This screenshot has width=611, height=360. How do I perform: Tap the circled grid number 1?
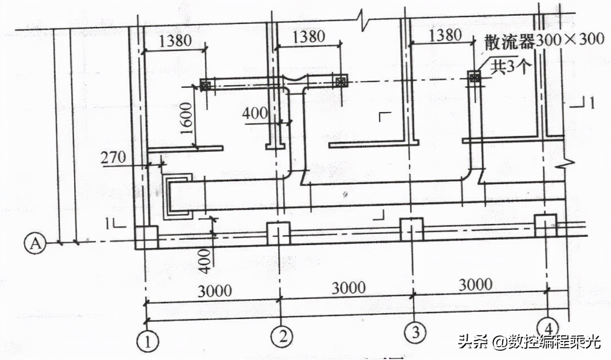pos(147,343)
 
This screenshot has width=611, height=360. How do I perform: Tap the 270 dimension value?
pos(114,158)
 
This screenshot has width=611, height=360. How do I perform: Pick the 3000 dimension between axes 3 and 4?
pos(475,284)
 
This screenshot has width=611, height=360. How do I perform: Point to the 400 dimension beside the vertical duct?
pos(255,113)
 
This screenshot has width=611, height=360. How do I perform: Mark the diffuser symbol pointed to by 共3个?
pos(474,77)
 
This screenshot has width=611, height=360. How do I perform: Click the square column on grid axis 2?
pos(279,233)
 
